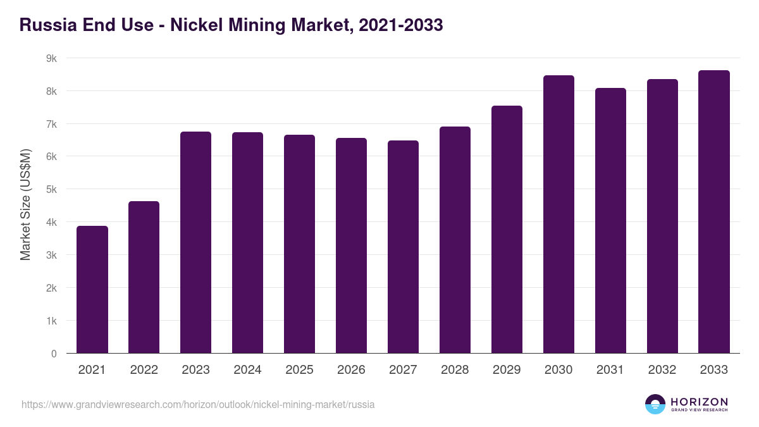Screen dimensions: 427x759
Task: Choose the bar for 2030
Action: [558, 214]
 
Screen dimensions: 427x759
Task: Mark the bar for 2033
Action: [714, 212]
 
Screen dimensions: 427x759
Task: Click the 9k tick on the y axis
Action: [51, 58]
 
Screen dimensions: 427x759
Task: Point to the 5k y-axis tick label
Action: [51, 189]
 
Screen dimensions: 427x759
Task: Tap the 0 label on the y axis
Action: [54, 354]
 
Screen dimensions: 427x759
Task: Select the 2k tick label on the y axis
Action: [51, 288]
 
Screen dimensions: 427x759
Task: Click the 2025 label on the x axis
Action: [299, 370]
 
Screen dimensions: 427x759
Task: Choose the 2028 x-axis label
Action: [455, 370]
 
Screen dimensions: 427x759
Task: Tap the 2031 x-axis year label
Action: [610, 370]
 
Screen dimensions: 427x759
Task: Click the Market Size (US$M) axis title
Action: [26, 204]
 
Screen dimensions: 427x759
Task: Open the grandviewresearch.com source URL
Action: [198, 404]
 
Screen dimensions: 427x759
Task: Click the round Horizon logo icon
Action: [655, 404]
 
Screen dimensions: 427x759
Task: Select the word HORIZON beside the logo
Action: [699, 401]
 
